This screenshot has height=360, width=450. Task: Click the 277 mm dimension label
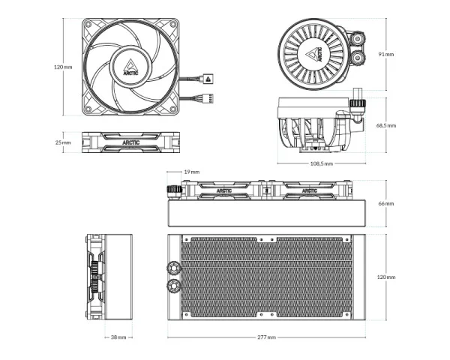(x=266, y=337)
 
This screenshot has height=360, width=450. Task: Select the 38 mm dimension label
(x=118, y=337)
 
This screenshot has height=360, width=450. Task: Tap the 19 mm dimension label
(x=191, y=172)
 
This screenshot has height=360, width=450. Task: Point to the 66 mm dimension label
(x=385, y=203)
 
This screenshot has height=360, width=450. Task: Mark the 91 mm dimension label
(x=386, y=54)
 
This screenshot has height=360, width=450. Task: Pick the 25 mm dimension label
(x=63, y=142)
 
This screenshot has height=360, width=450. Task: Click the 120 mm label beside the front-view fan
(x=63, y=67)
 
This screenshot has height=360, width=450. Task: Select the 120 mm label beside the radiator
(x=385, y=277)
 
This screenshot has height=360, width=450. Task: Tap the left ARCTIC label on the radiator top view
(x=225, y=191)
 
